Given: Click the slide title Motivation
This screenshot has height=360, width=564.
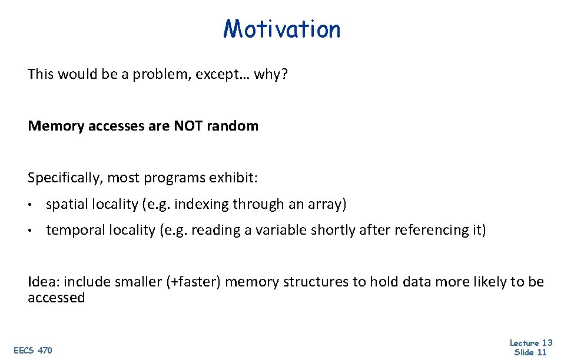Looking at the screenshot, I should point(282,28).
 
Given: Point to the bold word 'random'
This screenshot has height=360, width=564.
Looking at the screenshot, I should point(233,126).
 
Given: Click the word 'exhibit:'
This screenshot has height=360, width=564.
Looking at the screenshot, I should point(253,178).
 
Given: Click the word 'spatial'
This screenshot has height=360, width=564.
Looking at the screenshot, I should point(65,205).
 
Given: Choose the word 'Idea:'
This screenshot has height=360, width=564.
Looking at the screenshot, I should point(42,282).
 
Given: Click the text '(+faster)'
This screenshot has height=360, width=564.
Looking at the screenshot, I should point(194,282).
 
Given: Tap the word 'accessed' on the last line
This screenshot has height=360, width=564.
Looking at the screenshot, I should point(56,298).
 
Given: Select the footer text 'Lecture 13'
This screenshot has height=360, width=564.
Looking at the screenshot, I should point(530,343).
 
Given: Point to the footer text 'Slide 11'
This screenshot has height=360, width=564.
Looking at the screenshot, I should point(530,352).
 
